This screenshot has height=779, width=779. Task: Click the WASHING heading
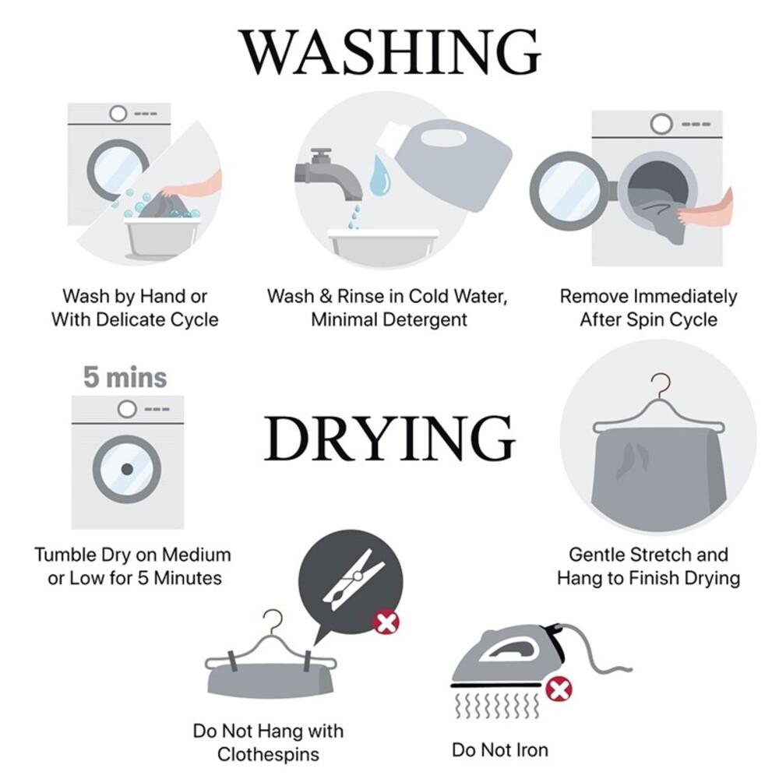click(390, 52)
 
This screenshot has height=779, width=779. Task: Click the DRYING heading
click(389, 438)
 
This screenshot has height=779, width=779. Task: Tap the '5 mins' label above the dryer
click(125, 377)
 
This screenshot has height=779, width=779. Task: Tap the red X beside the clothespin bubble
click(386, 622)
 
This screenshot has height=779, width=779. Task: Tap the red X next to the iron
click(559, 689)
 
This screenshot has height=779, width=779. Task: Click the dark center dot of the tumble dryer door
click(127, 468)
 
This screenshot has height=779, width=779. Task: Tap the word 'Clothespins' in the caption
click(268, 754)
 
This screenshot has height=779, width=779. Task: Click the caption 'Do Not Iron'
click(500, 749)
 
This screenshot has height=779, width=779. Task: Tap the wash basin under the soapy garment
click(163, 238)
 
